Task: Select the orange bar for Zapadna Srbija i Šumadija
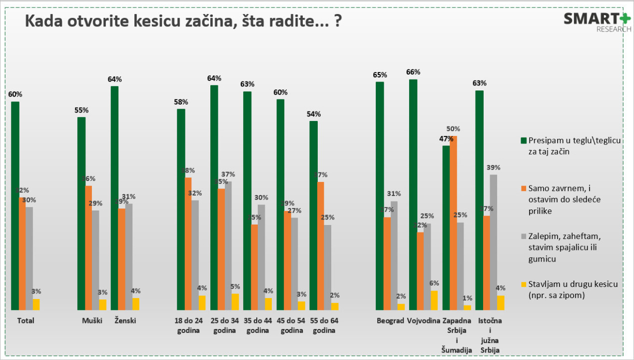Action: (453, 223)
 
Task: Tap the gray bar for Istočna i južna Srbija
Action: (493, 242)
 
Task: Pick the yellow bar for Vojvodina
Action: (434, 300)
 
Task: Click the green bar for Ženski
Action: (114, 198)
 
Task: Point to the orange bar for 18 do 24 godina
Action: (188, 244)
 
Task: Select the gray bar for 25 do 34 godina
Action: (228, 245)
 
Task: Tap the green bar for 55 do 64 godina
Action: (313, 215)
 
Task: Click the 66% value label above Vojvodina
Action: (413, 71)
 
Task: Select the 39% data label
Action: (493, 167)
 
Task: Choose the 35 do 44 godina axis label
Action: (257, 325)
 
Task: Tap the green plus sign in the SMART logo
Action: (625, 19)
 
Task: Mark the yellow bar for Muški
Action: (102, 305)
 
